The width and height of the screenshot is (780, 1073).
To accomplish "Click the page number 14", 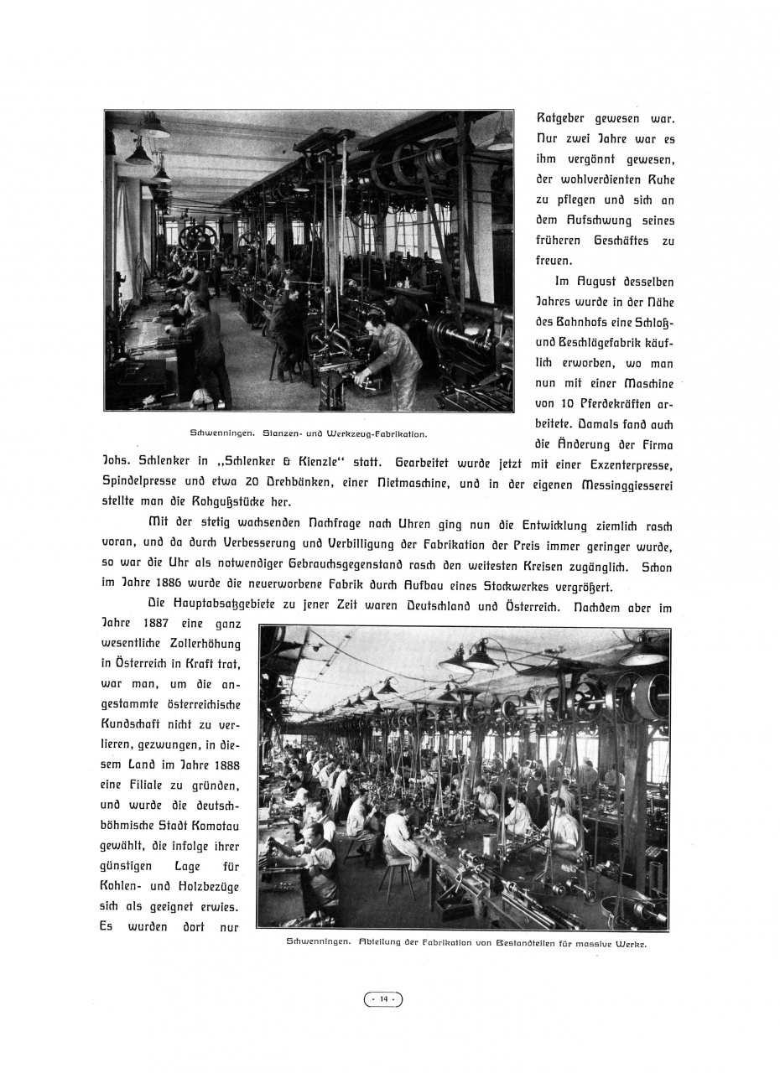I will click(x=383, y=998).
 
